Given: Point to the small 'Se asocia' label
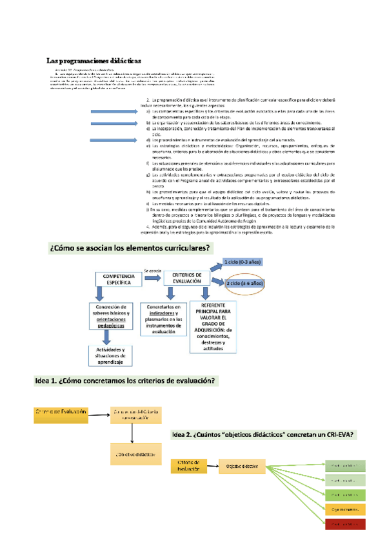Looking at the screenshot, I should (x=152, y=269).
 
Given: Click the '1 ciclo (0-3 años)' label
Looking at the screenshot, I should (x=242, y=262).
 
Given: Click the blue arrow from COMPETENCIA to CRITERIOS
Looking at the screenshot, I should (x=153, y=279).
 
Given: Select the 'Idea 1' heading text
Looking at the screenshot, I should (x=126, y=381).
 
